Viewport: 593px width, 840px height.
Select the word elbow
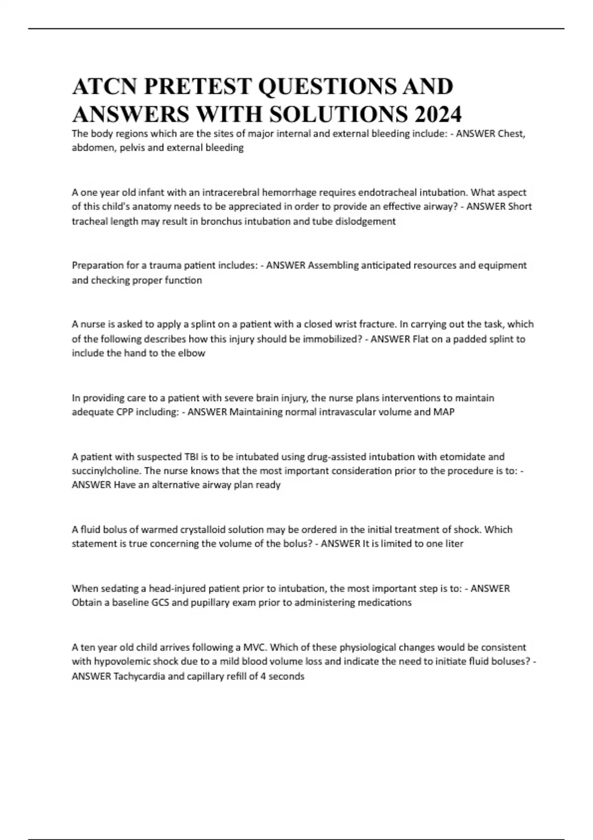click(x=193, y=353)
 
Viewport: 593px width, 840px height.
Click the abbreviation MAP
click(x=444, y=412)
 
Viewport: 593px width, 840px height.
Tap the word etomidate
click(x=464, y=457)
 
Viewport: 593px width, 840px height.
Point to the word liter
click(x=454, y=544)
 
